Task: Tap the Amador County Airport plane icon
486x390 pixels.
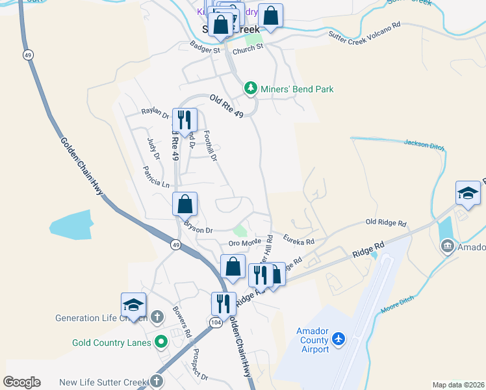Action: tap(339, 339)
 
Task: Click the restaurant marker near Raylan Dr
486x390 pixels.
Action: tap(185, 120)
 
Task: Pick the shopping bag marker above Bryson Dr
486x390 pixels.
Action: tap(185, 204)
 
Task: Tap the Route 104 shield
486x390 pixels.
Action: tap(216, 322)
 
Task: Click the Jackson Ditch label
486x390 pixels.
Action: tap(424, 144)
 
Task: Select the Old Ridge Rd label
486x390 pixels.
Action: tap(386, 223)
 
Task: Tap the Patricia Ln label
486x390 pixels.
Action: tap(157, 179)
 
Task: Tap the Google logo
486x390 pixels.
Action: tap(21, 382)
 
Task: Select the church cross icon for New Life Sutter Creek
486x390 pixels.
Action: tap(156, 381)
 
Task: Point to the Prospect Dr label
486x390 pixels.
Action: tap(199, 365)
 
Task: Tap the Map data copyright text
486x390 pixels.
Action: tap(458, 385)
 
